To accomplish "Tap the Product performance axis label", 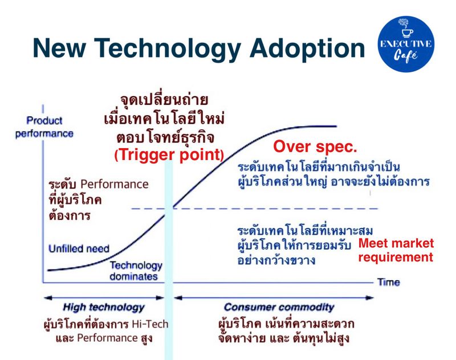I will tap(50, 128).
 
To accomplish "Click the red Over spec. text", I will tap(315, 146).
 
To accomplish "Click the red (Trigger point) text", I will tap(169, 156).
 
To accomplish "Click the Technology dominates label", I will tap(136, 270).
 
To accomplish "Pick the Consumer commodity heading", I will tap(279, 307).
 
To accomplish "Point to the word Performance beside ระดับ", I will tap(113, 185).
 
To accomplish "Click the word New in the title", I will tap(58, 48).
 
